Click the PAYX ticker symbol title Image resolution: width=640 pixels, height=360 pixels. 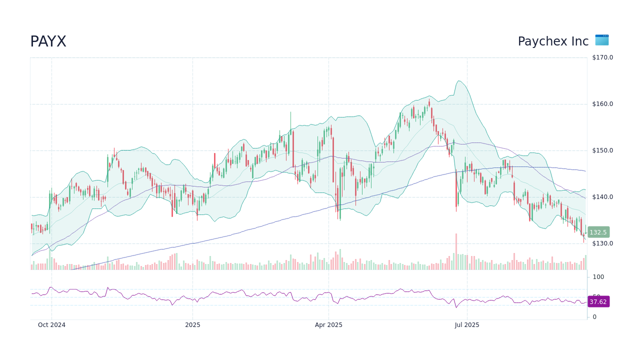click(48, 42)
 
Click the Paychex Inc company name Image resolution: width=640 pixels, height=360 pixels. click(553, 41)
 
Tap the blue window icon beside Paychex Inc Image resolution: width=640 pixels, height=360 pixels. click(601, 40)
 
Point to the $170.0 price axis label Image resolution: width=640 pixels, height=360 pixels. click(602, 57)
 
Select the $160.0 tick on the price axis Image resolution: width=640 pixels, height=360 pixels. click(602, 104)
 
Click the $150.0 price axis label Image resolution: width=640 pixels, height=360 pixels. click(602, 150)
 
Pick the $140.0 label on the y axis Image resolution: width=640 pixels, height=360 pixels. click(602, 197)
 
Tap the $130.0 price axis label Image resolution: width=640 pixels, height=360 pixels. click(602, 243)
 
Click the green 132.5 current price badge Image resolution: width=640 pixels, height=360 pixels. click(598, 232)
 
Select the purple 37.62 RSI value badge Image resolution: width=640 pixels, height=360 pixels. click(598, 302)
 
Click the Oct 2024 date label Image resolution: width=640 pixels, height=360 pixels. click(51, 325)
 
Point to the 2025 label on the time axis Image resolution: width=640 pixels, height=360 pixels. click(192, 325)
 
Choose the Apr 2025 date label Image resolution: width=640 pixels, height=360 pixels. click(328, 325)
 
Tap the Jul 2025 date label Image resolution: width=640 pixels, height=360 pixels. click(467, 325)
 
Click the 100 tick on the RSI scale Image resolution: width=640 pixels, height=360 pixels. click(598, 277)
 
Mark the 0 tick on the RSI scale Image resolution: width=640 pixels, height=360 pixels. click(594, 317)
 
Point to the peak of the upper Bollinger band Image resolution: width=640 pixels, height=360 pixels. click(458, 81)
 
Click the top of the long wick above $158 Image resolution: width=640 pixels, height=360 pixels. click(290, 112)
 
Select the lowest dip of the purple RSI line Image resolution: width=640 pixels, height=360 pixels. click(456, 307)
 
